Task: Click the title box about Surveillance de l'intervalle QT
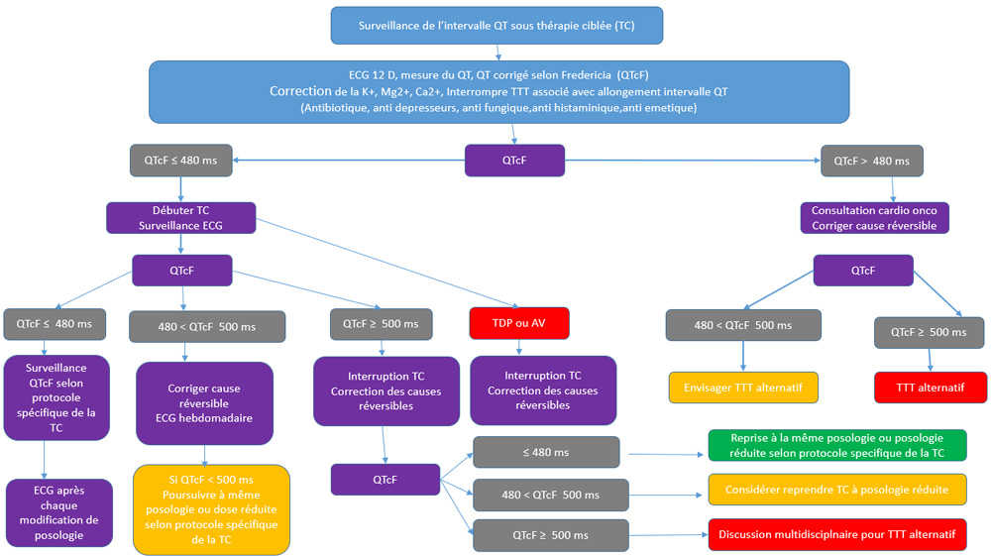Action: pos(496,26)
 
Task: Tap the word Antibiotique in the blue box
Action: pos(341,107)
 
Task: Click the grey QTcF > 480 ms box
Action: pos(871,160)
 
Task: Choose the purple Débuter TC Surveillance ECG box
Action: pos(180,218)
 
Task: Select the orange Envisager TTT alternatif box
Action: pos(743,388)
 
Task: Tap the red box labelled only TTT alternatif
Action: pos(931,388)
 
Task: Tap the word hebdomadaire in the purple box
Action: pos(203,417)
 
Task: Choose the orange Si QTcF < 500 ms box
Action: pos(211,508)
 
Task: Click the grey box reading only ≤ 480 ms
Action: pos(547,452)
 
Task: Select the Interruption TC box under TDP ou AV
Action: pos(542,390)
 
